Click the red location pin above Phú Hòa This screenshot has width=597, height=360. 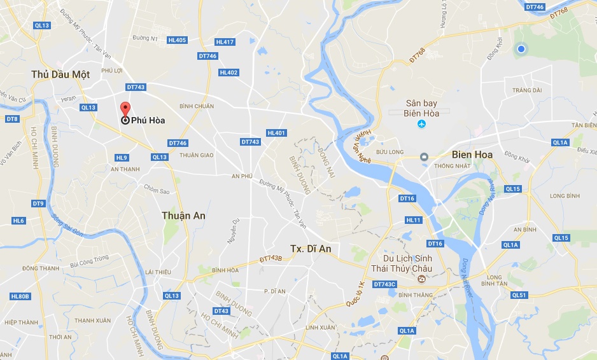[x=125, y=109]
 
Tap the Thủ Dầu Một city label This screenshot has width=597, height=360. [x=60, y=74]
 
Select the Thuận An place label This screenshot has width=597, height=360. [x=183, y=216]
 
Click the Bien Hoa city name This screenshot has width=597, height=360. [x=472, y=155]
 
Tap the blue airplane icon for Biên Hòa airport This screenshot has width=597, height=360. [x=421, y=123]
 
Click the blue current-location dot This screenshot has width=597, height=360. [x=521, y=49]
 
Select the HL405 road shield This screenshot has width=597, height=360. [x=177, y=40]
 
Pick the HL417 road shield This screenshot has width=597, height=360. [x=225, y=42]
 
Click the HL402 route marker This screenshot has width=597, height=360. [x=228, y=73]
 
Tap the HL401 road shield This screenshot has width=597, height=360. [x=277, y=133]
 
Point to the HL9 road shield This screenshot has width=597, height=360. [x=122, y=157]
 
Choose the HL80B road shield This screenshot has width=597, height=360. [x=20, y=296]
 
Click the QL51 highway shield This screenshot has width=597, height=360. [x=519, y=294]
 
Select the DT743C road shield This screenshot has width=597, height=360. [x=384, y=284]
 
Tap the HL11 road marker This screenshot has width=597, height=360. [x=414, y=220]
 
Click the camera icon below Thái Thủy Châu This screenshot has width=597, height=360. [x=421, y=280]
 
